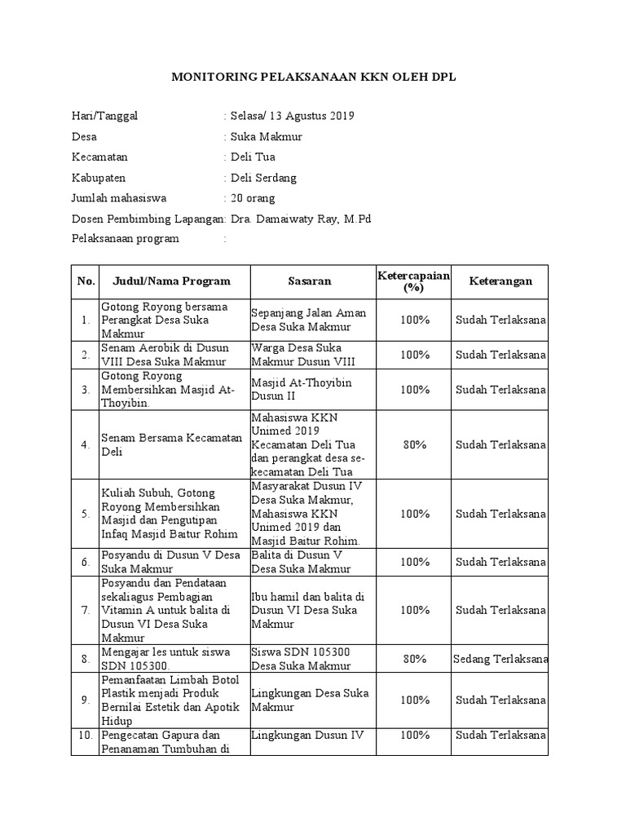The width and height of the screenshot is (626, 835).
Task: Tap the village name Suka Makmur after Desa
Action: point(267,136)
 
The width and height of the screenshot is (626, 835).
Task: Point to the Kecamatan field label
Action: point(99,157)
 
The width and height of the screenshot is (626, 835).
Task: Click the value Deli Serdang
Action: point(264,178)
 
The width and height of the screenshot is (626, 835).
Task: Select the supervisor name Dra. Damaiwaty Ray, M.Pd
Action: point(301,219)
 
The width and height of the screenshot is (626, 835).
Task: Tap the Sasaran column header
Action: point(309,281)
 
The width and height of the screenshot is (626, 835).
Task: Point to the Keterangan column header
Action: point(500,281)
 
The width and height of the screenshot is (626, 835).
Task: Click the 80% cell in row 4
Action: point(414,445)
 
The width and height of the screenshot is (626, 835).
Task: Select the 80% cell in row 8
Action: point(414,659)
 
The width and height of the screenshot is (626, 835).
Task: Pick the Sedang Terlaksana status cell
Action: point(500,659)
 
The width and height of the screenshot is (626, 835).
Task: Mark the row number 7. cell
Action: point(85,611)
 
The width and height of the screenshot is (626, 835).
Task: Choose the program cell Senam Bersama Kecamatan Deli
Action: point(172,445)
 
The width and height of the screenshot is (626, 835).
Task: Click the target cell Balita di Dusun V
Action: point(309,562)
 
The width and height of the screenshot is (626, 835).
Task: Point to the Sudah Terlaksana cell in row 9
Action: point(500,700)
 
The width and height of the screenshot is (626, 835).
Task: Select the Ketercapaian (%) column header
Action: point(414,281)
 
